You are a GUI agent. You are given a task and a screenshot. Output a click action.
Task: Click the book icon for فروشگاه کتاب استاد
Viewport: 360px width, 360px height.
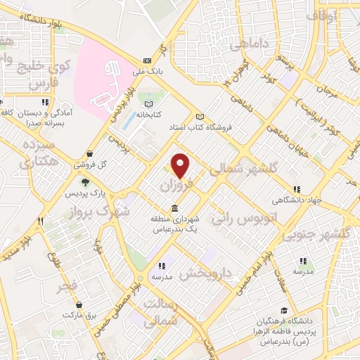pyautogui.click(x=200, y=117)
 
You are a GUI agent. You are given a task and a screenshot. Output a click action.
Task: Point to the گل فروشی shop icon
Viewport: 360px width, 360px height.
pyautogui.click(x=89, y=155)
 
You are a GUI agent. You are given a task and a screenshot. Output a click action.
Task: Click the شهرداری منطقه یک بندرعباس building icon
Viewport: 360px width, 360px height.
pyautogui.click(x=174, y=209)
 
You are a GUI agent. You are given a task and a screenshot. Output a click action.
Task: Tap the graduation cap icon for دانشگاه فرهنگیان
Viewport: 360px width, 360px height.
pyautogui.click(x=283, y=310)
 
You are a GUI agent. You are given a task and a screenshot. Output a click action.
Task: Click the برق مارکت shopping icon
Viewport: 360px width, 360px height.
pyautogui.click(x=79, y=305)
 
